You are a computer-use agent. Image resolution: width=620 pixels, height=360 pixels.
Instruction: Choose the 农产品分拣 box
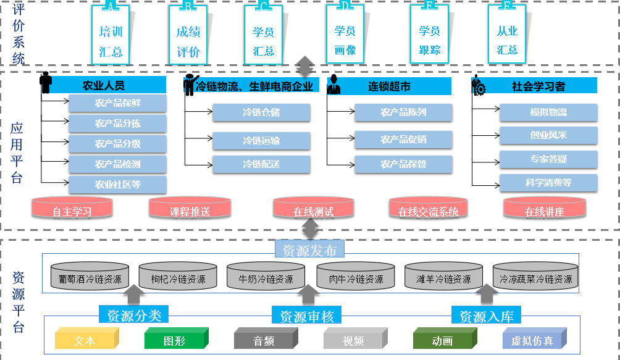(118, 123)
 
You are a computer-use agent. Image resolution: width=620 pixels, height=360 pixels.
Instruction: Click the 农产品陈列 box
(403, 113)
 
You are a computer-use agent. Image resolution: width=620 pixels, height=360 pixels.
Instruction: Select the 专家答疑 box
(548, 159)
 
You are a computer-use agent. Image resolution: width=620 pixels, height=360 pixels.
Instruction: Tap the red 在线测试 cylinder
(313, 208)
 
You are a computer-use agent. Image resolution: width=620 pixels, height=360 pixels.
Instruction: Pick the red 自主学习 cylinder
(72, 208)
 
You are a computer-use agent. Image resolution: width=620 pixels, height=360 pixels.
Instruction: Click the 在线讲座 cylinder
(544, 208)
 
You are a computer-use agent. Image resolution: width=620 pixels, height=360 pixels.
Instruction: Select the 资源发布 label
(309, 249)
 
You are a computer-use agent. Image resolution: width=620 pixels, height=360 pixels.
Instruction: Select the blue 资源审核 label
(307, 317)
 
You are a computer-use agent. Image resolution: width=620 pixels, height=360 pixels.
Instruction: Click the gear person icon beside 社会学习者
(479, 85)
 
